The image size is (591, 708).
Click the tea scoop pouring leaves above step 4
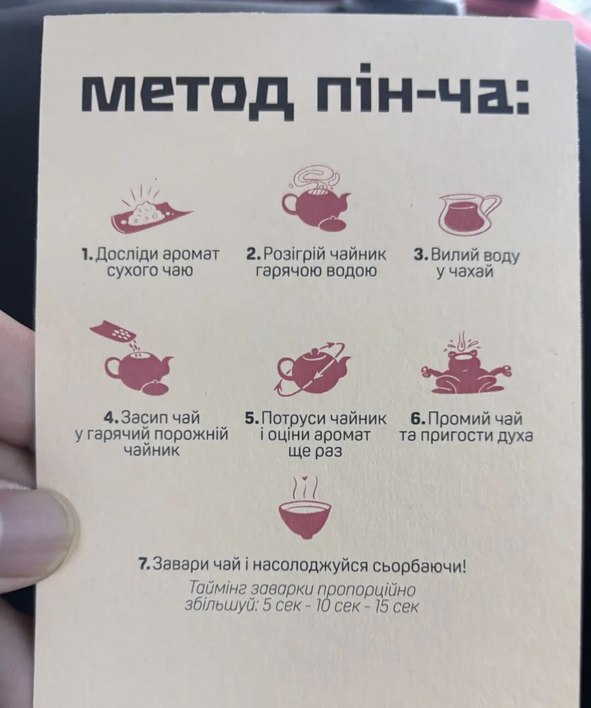click(116, 333)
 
